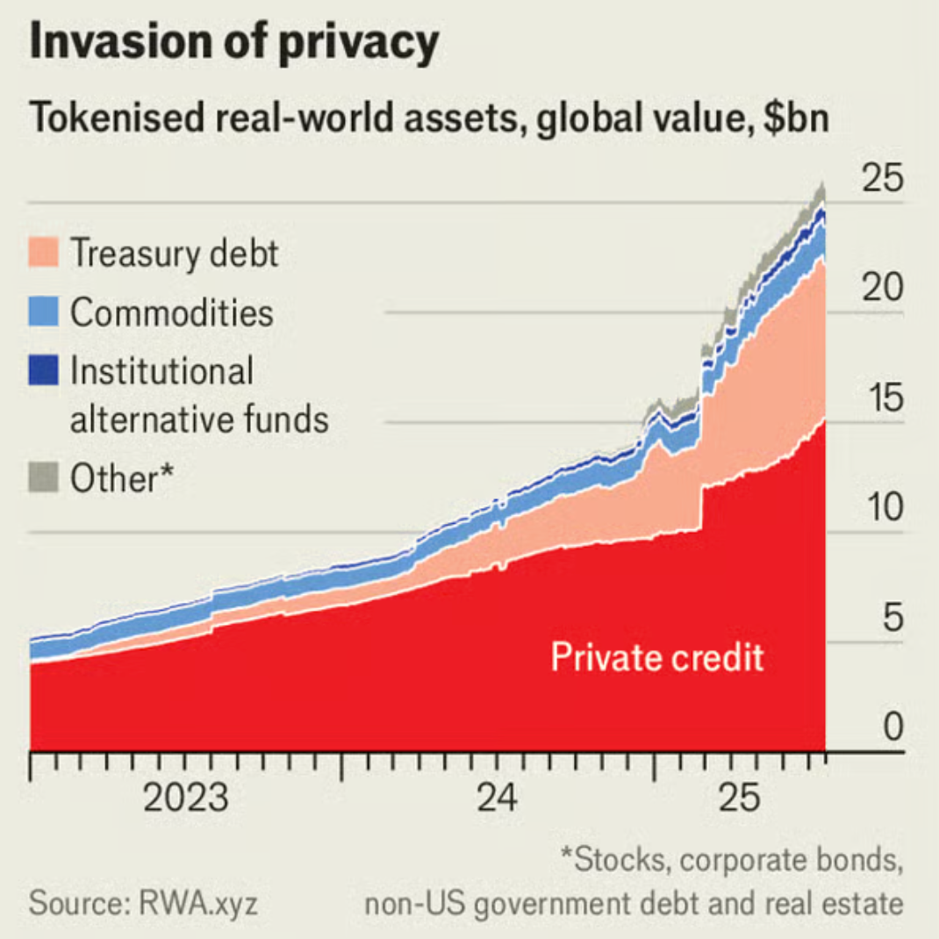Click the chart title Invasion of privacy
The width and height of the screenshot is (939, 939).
[233, 44]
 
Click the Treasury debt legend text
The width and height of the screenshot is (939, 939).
[174, 253]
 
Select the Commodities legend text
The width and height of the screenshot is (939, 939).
[172, 312]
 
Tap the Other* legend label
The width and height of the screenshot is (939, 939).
[122, 478]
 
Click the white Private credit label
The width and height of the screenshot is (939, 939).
[657, 656]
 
